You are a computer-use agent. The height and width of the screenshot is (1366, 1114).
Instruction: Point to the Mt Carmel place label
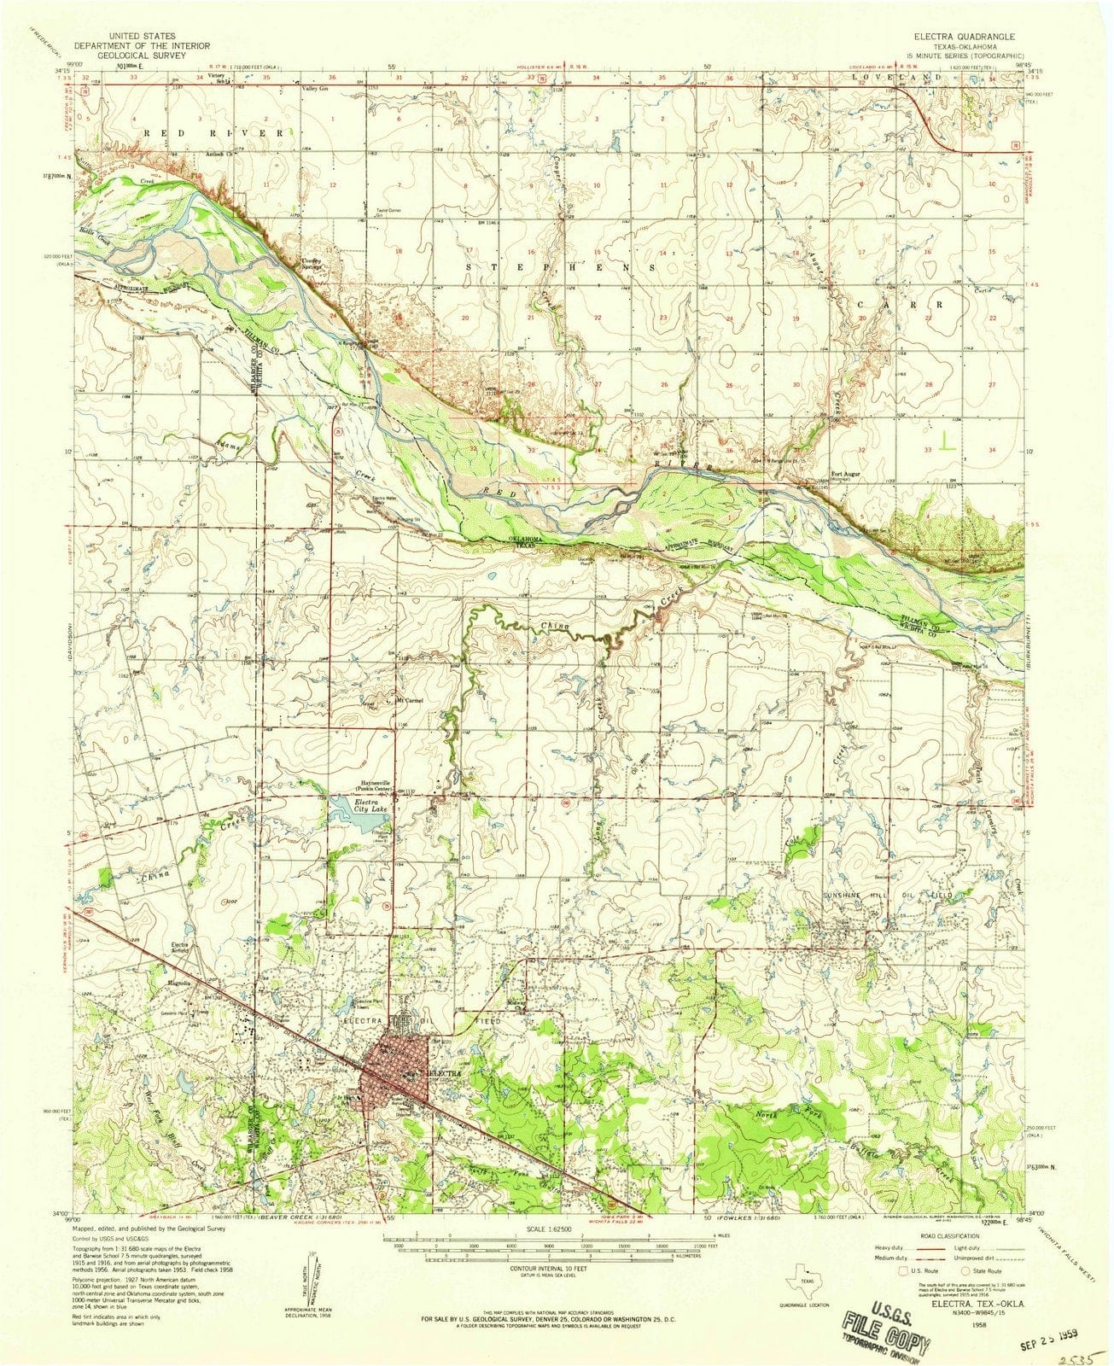410,702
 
